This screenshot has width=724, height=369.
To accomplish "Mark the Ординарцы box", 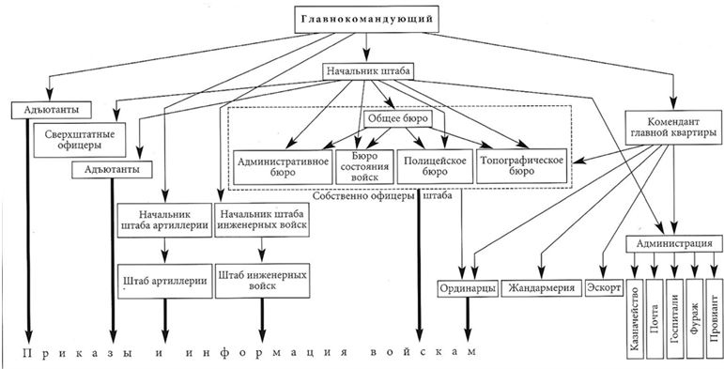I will tap(467, 288).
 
